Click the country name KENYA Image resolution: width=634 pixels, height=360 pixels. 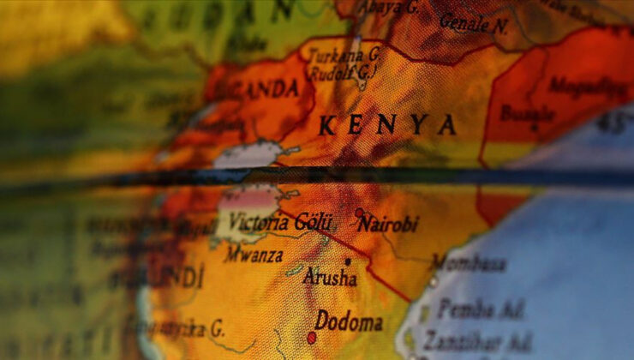point(387,126)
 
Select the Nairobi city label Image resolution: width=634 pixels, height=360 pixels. point(388,225)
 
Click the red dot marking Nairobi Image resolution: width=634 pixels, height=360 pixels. point(359,213)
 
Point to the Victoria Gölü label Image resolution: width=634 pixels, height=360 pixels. point(278,222)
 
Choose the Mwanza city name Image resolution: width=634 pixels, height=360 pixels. point(254,255)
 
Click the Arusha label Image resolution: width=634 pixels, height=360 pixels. point(331,277)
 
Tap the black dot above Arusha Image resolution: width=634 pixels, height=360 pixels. point(348,261)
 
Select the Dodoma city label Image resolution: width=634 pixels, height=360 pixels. point(349,322)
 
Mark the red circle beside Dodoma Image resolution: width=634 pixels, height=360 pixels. point(312,338)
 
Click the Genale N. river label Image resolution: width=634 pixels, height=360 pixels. point(473,24)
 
